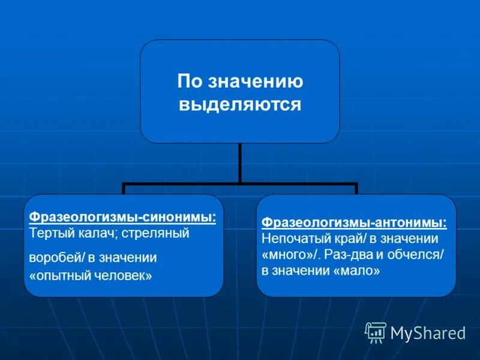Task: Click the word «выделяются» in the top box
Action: [x=240, y=104]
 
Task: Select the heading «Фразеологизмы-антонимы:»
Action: [x=354, y=223]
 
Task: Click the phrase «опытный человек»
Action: [x=91, y=277]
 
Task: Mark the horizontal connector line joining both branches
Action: [x=240, y=184]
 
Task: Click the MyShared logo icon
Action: [x=376, y=332]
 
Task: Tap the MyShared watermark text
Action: [x=428, y=332]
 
